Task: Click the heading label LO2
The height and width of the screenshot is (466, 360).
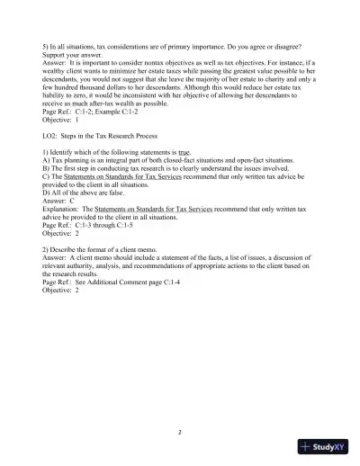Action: click(52, 136)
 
